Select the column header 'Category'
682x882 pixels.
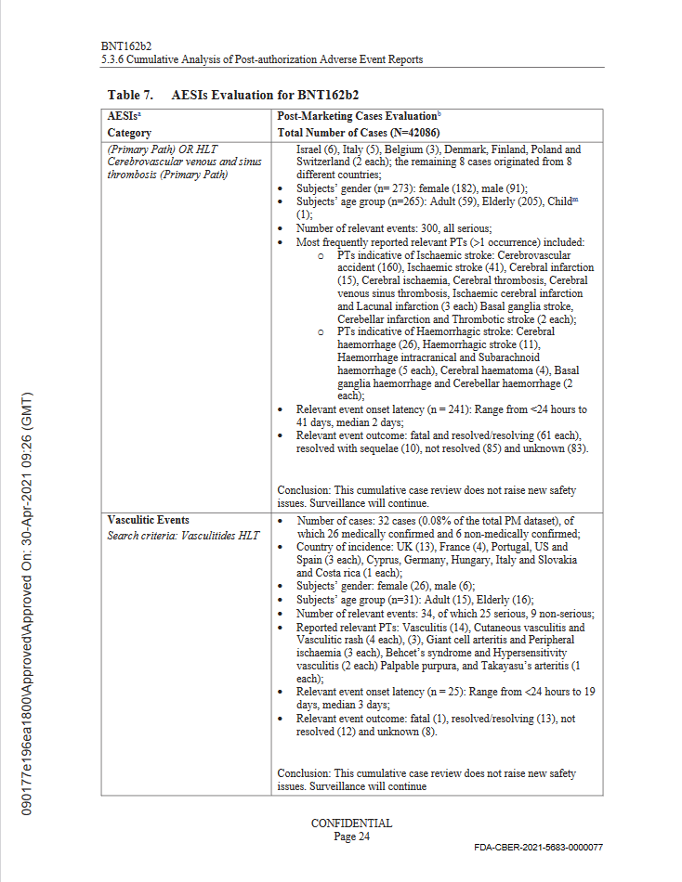(x=129, y=133)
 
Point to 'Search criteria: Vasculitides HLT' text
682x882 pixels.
(x=183, y=535)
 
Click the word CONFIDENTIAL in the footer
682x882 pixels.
(x=351, y=824)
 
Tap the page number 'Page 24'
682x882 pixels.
(x=351, y=836)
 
